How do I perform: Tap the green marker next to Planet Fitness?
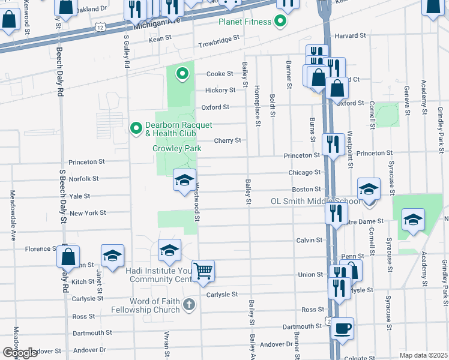(x=280, y=23)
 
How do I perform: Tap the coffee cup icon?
(x=342, y=328)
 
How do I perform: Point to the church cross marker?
(x=189, y=305)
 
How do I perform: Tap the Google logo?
(x=19, y=353)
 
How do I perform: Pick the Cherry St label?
(x=228, y=140)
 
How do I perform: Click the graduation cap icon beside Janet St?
(x=112, y=256)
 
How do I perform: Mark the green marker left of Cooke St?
(x=182, y=74)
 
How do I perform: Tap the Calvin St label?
(x=309, y=240)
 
